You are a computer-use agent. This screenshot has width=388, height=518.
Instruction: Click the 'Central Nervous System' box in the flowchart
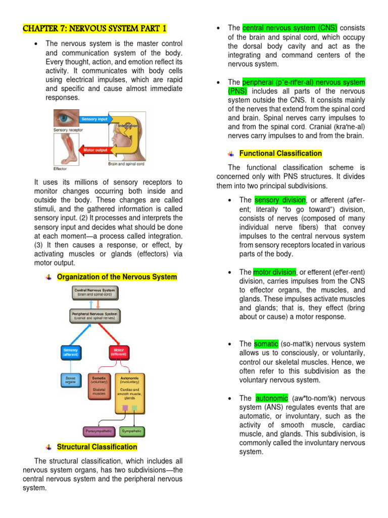[x=95, y=292]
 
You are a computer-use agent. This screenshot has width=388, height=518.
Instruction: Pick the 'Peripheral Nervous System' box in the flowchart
[x=95, y=316]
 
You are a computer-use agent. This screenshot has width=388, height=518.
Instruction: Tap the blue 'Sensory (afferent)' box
[x=70, y=352]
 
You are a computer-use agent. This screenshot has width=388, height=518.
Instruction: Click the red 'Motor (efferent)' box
[x=119, y=352]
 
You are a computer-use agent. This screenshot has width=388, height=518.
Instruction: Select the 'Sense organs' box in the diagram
[x=70, y=379]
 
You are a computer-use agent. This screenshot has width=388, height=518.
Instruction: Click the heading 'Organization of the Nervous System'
[x=117, y=277]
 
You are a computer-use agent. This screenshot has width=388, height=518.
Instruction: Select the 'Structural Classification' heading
[x=97, y=447]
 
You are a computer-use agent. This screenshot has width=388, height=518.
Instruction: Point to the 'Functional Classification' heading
[x=280, y=153]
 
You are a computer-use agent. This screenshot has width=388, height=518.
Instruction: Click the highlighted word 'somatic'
[x=266, y=344]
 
